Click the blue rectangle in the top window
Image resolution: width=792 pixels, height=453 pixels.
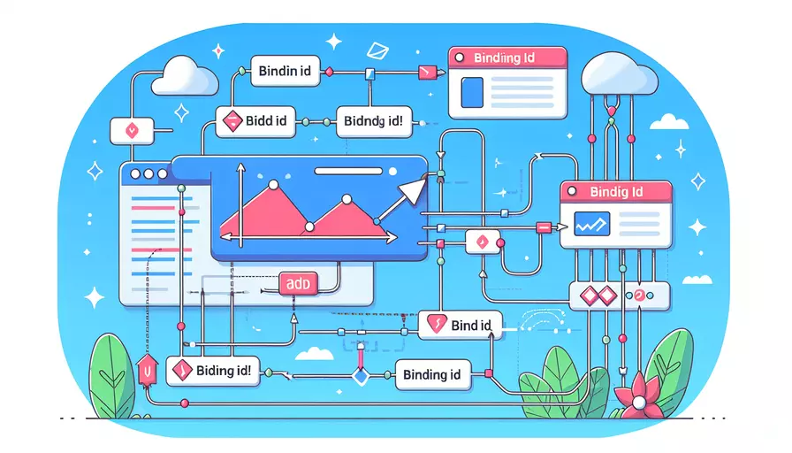pyautogui.click(x=473, y=93)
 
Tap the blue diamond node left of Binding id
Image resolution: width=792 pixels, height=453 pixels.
pyautogui.click(x=359, y=378)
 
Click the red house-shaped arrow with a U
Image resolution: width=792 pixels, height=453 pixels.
pyautogui.click(x=147, y=370)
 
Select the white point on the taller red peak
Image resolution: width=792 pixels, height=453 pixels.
pyautogui.click(x=273, y=185)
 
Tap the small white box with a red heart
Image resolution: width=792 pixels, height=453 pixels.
pyautogui.click(x=130, y=131)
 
